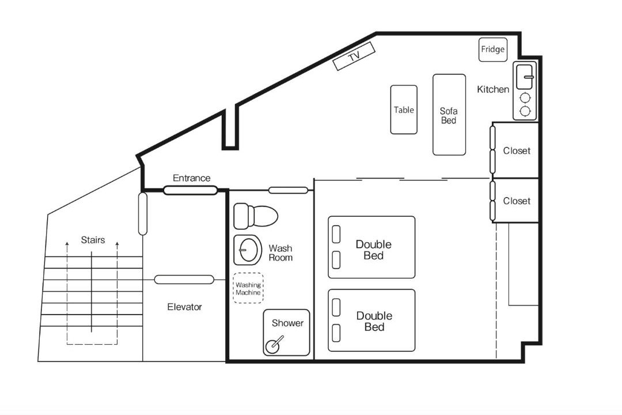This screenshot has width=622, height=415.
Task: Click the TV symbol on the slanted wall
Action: coord(354,56)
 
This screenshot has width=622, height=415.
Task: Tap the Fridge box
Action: coord(492,50)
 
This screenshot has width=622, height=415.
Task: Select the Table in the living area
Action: coord(404,110)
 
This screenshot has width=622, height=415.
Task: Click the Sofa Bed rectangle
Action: coord(449,114)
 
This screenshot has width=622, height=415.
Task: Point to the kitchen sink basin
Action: coord(525,77)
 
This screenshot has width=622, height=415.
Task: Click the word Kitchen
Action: coord(492,89)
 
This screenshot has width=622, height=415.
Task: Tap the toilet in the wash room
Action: coord(256,216)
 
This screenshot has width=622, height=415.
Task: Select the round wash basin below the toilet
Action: coord(248,250)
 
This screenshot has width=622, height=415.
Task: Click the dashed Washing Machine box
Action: coord(248,288)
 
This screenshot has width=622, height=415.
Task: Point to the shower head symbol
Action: coord(275,344)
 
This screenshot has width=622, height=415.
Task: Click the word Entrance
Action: coord(192,178)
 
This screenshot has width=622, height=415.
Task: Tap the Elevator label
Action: coord(184,307)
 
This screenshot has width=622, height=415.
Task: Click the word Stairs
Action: coord(93,240)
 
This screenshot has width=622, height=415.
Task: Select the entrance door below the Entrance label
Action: coord(191,190)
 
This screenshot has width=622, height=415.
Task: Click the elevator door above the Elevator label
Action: coord(184,280)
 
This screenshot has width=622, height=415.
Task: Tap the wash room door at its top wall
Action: coord(289,190)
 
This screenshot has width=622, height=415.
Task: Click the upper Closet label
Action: coord(517,150)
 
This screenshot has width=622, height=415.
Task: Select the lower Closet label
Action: coord(517,201)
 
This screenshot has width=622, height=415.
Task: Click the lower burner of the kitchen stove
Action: coord(525,111)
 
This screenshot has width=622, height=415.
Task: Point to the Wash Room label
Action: coord(280,253)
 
